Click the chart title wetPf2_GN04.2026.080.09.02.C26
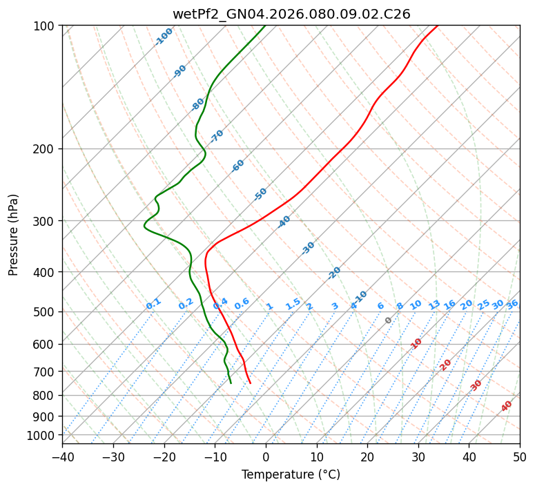tap(291, 14)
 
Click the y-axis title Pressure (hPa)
tap(14, 235)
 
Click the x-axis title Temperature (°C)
tap(291, 475)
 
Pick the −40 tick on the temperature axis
tap(62, 457)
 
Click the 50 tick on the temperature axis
tap(520, 457)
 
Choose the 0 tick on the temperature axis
tap(266, 457)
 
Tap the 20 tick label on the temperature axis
tap(367, 457)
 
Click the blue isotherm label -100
tap(164, 37)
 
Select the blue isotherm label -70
tap(217, 135)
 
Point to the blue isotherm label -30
tap(309, 248)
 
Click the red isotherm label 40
tap(507, 405)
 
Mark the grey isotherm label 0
tap(389, 320)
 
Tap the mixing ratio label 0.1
tap(153, 304)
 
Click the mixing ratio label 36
tap(512, 304)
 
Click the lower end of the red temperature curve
tap(251, 383)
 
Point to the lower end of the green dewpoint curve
tap(231, 383)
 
